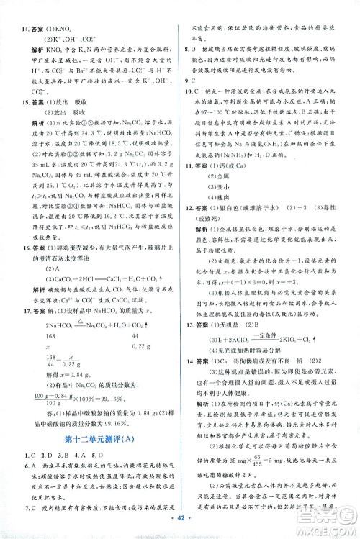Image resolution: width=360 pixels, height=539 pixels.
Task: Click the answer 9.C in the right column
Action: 189,91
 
